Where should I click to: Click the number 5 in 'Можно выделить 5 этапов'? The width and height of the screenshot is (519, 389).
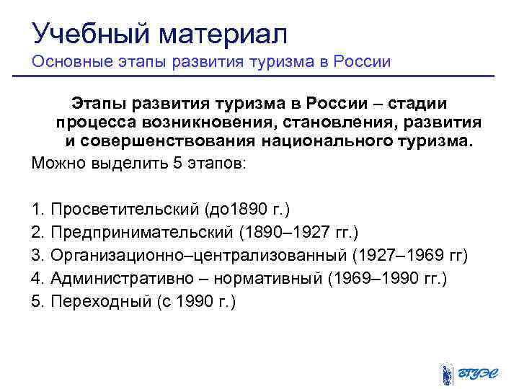click(x=177, y=163)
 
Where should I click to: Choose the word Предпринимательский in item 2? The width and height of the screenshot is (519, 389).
click(x=140, y=232)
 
